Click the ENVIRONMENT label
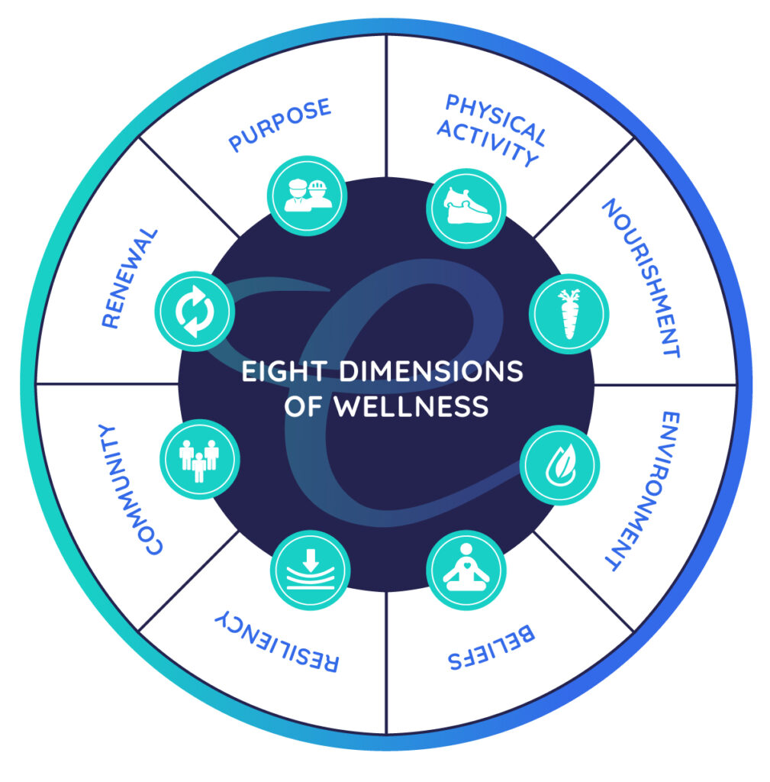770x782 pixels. tap(637, 491)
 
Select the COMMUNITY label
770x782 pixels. tap(130, 490)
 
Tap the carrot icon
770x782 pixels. tap(569, 314)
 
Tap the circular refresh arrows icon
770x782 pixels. tap(194, 312)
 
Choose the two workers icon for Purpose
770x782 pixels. tap(308, 195)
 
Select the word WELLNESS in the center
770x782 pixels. tap(413, 406)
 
